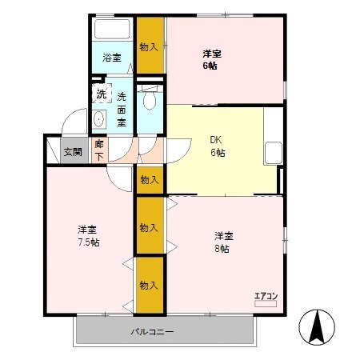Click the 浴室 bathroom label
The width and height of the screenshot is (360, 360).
coord(112,57)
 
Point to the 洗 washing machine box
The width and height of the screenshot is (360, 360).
coord(101,94)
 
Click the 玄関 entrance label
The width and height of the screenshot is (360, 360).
coord(73,151)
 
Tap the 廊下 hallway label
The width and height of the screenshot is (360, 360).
coord(98,149)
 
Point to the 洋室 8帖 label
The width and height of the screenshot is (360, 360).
coord(223,242)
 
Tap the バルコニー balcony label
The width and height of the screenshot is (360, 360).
coord(153,331)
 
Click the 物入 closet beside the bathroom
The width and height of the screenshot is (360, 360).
coord(150,46)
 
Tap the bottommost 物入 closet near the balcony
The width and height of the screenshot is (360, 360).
coord(150,285)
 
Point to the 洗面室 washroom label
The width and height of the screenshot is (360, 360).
coord(121,110)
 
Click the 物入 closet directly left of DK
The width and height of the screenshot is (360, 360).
coord(150,179)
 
